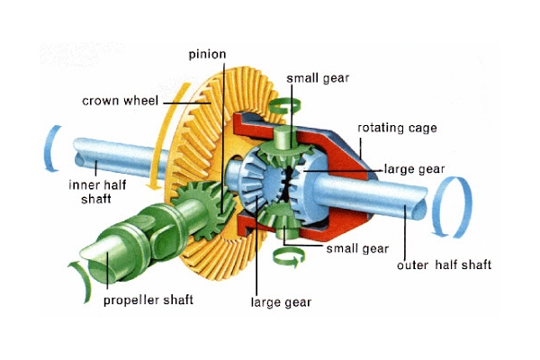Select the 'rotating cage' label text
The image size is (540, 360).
click(397, 128)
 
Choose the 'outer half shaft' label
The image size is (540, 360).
click(444, 265)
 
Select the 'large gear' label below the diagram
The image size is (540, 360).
click(281, 302)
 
